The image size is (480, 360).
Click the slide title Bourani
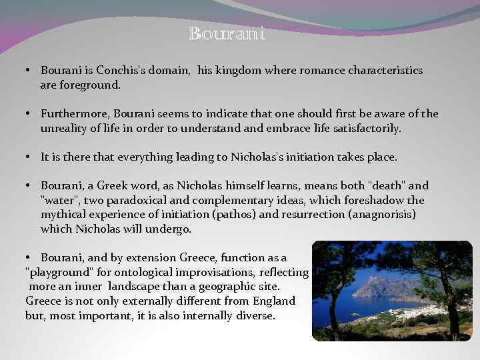click(x=227, y=33)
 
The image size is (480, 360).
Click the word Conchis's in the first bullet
click(x=119, y=70)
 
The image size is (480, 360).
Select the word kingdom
click(x=229, y=70)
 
